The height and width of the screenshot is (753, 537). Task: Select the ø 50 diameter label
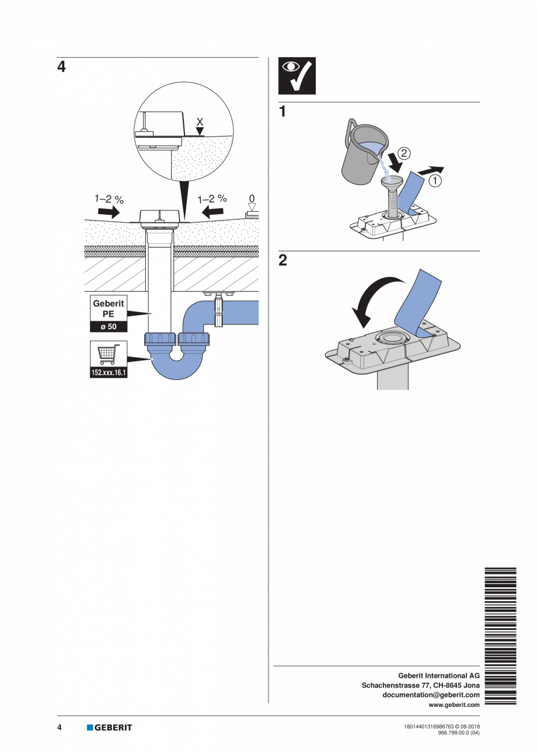(109, 327)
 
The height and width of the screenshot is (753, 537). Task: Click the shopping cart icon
(109, 354)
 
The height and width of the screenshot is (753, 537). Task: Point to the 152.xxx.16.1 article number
(109, 373)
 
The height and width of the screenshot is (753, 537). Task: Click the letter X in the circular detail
(200, 121)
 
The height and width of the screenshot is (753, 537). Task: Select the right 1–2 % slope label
(212, 199)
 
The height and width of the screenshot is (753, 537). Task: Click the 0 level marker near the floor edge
(252, 198)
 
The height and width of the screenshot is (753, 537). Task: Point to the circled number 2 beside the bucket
(406, 154)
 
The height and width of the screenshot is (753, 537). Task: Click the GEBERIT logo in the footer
(109, 727)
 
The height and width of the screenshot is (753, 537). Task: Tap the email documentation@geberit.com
(431, 695)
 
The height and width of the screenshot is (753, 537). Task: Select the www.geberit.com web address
(454, 705)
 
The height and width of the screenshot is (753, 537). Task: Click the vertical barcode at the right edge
(500, 636)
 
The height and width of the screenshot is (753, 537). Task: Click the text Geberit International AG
(438, 675)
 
